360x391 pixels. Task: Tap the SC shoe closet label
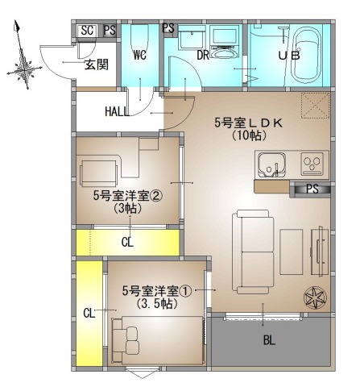click(87, 31)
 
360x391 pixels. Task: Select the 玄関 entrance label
click(97, 64)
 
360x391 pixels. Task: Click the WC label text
click(140, 56)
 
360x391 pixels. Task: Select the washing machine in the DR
click(224, 42)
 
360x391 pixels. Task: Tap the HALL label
click(117, 111)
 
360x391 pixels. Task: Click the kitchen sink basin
click(271, 165)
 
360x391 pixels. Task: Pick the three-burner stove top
click(312, 164)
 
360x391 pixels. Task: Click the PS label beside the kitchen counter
click(312, 189)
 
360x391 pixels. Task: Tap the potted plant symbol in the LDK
click(315, 298)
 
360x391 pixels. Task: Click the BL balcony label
click(269, 341)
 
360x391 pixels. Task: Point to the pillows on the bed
click(132, 339)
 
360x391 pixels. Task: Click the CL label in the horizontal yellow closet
click(127, 242)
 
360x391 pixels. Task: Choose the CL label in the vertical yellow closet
click(89, 314)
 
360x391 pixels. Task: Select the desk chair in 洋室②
click(98, 173)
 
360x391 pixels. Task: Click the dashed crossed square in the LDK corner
click(316, 106)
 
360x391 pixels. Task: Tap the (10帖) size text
click(249, 135)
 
